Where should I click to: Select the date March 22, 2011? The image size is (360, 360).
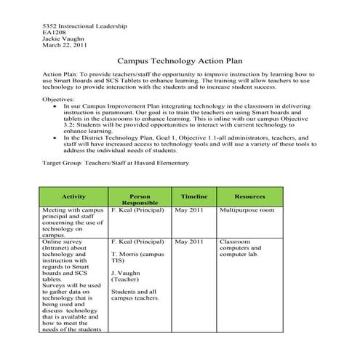pyautogui.click(x=65, y=45)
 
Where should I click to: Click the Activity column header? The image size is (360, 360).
pyautogui.click(x=74, y=196)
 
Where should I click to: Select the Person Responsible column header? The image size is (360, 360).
pyautogui.click(x=139, y=200)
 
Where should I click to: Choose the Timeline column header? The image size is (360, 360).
pyautogui.click(x=193, y=196)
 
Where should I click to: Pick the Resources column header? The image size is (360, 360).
pyautogui.click(x=249, y=196)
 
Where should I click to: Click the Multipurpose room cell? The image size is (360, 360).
pyautogui.click(x=247, y=210)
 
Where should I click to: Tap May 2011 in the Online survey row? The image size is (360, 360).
pyautogui.click(x=189, y=241)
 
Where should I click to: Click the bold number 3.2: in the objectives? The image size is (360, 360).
pyautogui.click(x=71, y=124)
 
